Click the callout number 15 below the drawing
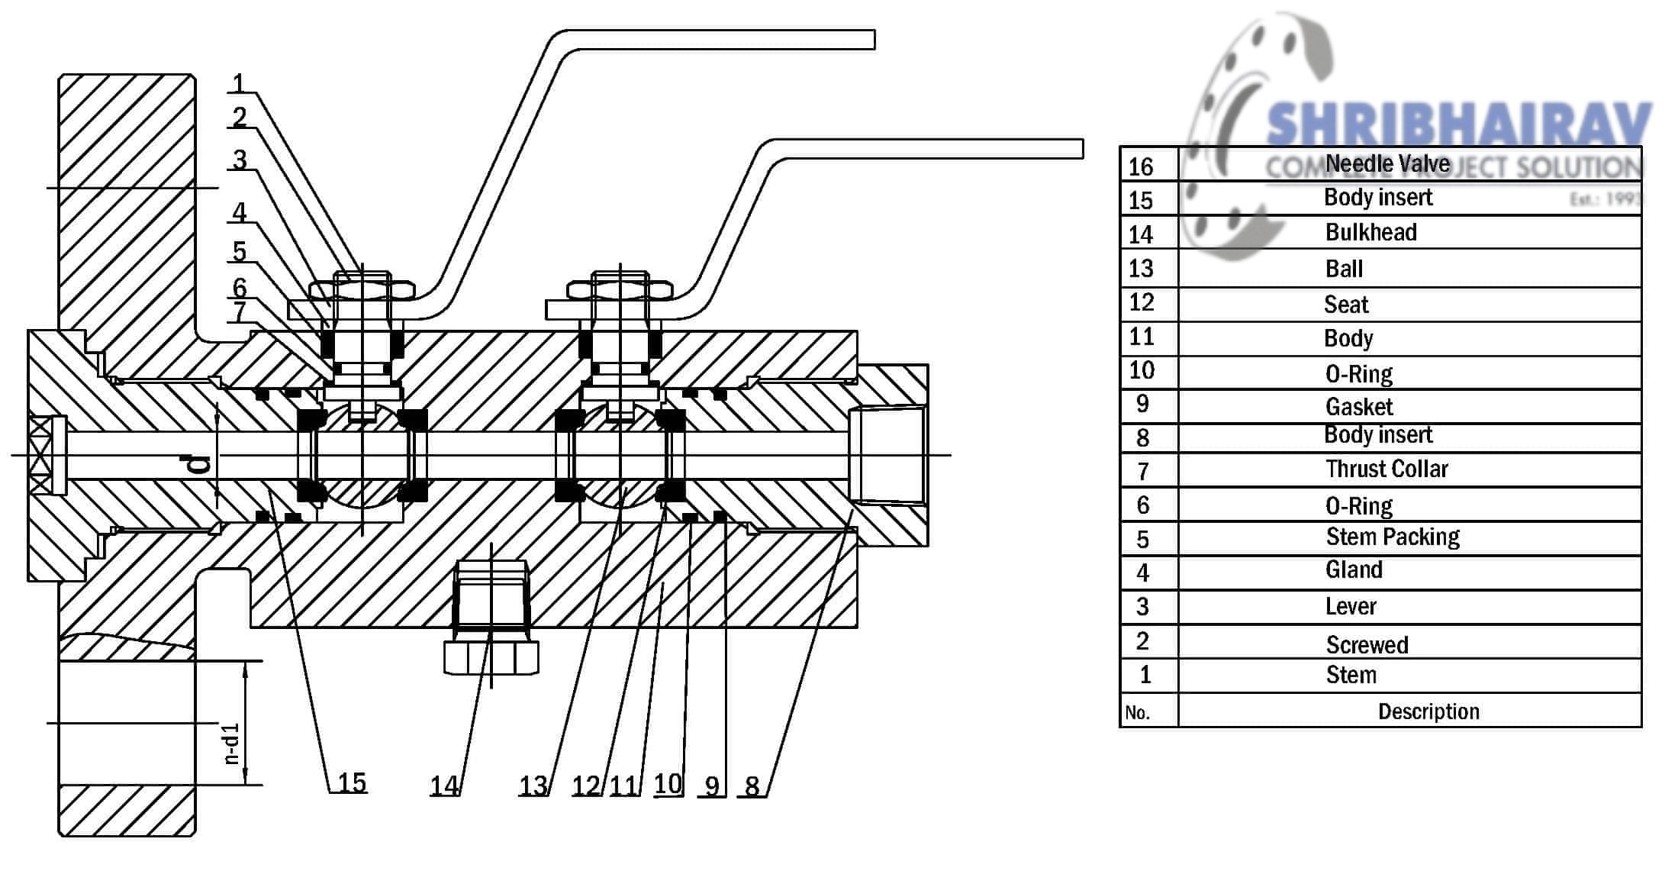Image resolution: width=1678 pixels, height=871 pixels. coord(352,782)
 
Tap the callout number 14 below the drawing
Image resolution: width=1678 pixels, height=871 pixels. coord(444,786)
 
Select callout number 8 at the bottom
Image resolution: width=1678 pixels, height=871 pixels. coord(752,786)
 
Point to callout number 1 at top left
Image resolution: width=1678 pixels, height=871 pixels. coord(240,83)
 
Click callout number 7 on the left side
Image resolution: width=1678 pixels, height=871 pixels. coord(240,311)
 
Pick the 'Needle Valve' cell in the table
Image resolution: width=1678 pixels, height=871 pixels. coord(1387,163)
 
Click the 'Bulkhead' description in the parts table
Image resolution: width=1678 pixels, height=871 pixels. coord(1370,232)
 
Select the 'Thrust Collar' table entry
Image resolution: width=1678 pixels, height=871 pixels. coord(1387,469)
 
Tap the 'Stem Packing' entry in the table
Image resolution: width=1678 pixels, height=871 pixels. coord(1393,537)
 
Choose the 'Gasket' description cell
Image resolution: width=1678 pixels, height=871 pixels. coord(1359,407)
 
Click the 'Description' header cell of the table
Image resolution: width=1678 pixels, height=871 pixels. coord(1428,711)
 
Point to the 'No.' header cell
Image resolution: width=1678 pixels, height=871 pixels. coord(1137,713)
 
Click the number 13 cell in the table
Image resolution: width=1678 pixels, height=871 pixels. coord(1141,269)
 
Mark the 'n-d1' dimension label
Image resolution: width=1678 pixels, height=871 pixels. coord(233,744)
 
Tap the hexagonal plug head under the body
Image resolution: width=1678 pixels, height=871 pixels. coord(491,657)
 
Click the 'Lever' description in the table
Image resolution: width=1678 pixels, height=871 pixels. coord(1351,607)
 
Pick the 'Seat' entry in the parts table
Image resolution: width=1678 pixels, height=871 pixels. coord(1346,305)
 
